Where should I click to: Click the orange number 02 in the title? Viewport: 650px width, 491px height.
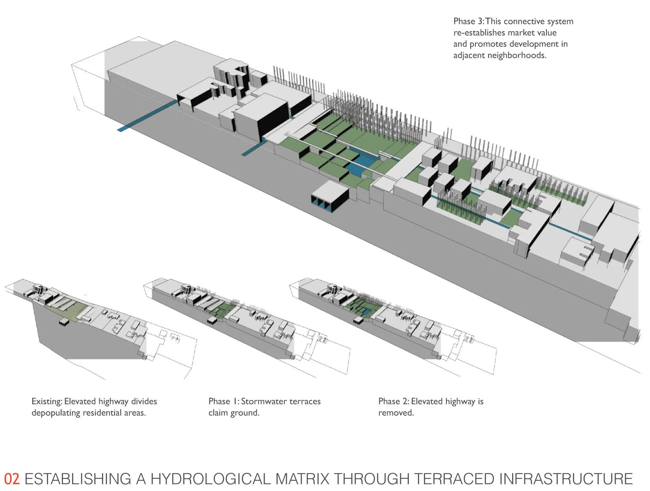12,479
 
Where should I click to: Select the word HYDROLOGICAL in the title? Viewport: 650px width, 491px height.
210,479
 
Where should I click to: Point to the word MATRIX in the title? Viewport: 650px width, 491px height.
302,479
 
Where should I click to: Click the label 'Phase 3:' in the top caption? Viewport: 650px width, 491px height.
469,21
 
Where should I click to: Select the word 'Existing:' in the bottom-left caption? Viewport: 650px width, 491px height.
47,401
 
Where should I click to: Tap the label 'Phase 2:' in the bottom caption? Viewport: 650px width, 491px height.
394,401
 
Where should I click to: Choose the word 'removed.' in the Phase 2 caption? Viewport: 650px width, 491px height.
396,413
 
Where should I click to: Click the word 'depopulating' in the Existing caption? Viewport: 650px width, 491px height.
56,413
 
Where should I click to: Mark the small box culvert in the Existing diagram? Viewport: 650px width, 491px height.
64,322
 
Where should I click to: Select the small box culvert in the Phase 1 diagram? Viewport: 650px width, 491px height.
212,320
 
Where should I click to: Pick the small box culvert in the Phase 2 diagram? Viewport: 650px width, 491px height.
358,320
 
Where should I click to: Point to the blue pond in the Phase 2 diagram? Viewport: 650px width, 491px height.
367,311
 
